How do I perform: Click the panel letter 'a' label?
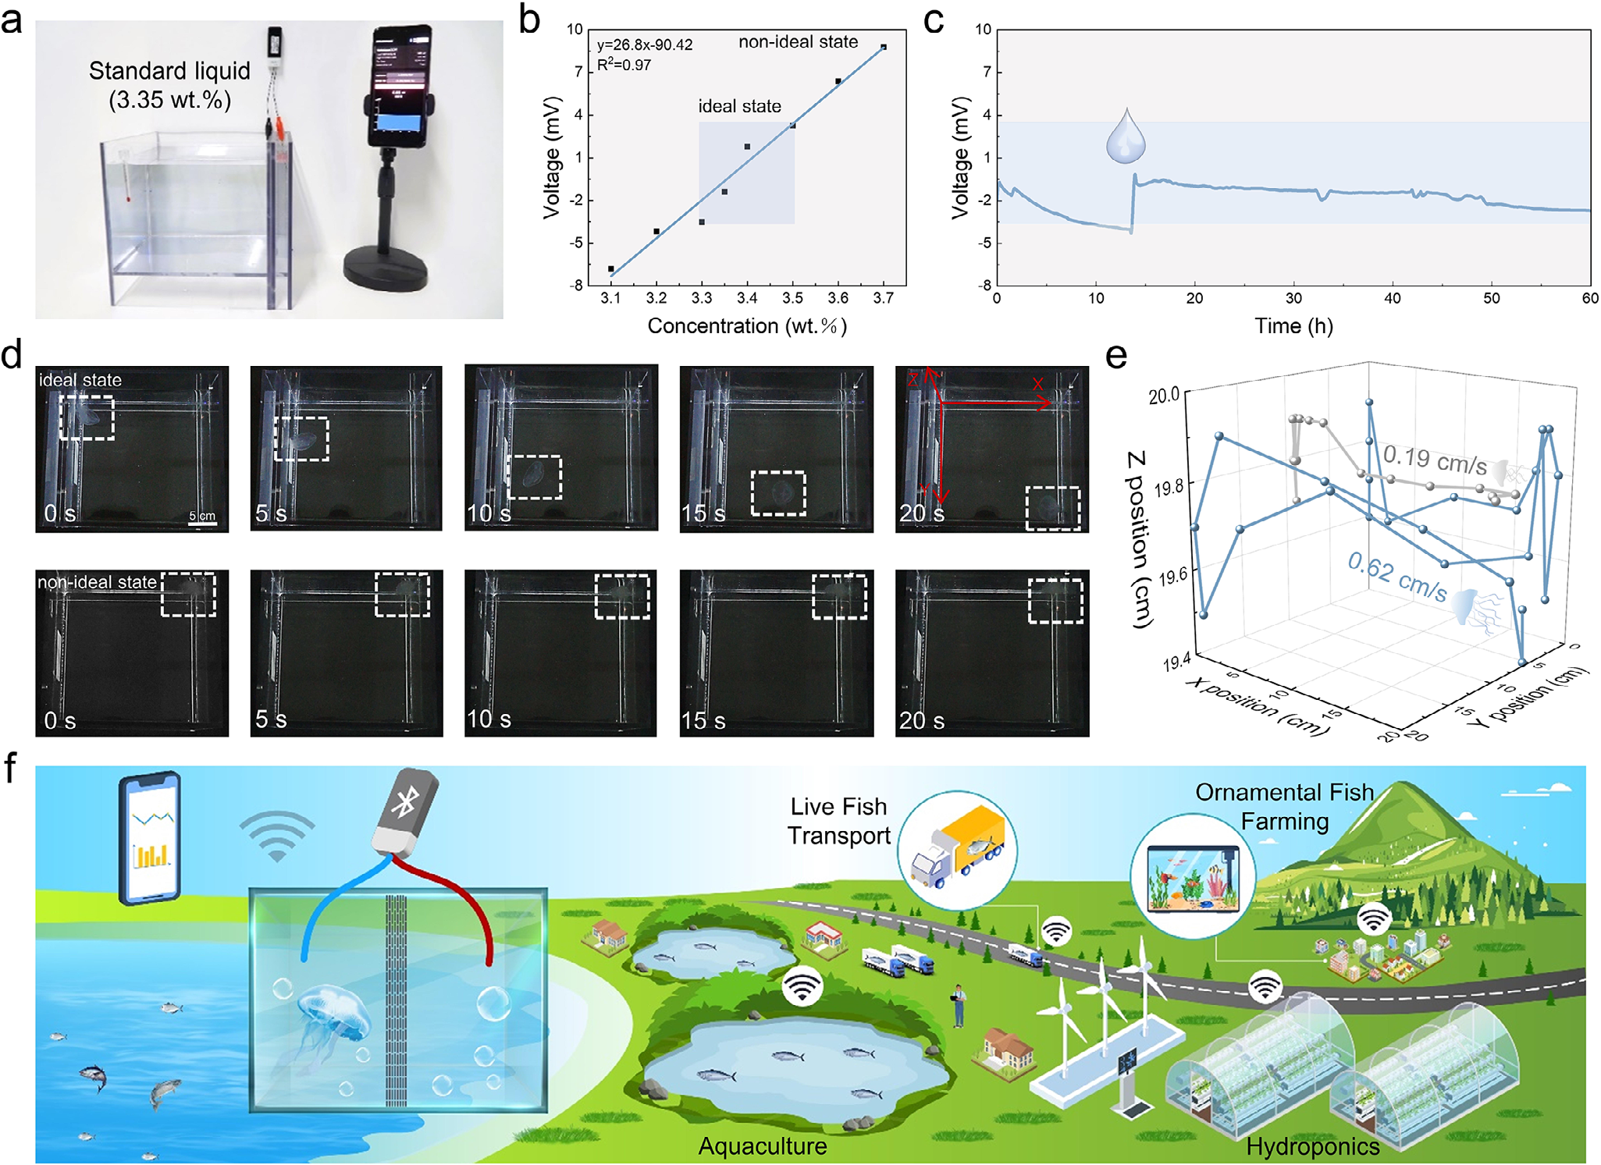[12, 21]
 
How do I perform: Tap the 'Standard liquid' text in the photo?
[169, 71]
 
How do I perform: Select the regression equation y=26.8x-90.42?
[645, 45]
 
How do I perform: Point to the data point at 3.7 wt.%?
[884, 48]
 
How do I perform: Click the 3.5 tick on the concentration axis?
[792, 298]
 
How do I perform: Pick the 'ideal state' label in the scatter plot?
[739, 106]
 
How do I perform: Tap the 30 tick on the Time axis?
[1293, 298]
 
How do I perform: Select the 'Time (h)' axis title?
[1293, 326]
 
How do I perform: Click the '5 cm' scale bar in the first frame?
[202, 518]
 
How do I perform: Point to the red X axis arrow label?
[1037, 384]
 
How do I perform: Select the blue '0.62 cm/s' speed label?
[1397, 576]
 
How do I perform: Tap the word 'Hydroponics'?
[1313, 1146]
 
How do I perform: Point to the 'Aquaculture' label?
[763, 1146]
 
